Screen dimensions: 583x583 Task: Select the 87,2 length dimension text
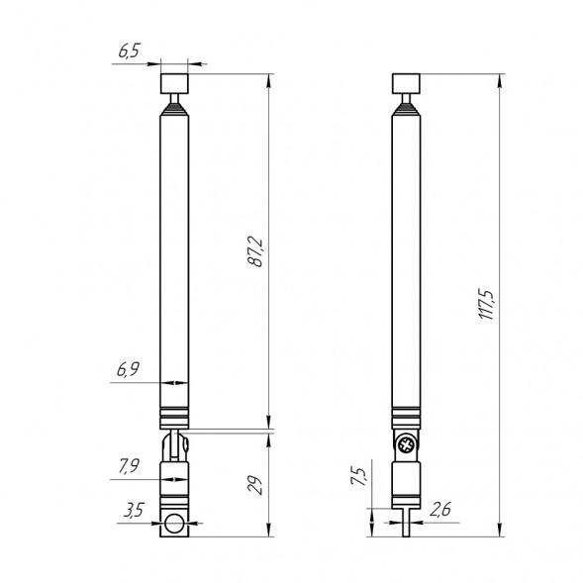(254, 253)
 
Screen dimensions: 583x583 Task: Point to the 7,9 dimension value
(130, 466)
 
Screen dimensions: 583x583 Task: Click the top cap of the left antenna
(174, 81)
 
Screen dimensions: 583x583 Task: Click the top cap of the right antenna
(406, 81)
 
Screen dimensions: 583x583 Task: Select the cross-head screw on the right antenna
(406, 446)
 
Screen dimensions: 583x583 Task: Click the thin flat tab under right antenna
(406, 522)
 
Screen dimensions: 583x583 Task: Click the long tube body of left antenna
(174, 257)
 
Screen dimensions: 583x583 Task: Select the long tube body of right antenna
(406, 257)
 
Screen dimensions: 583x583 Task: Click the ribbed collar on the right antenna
(406, 416)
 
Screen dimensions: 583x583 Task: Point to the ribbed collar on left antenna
(174, 416)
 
